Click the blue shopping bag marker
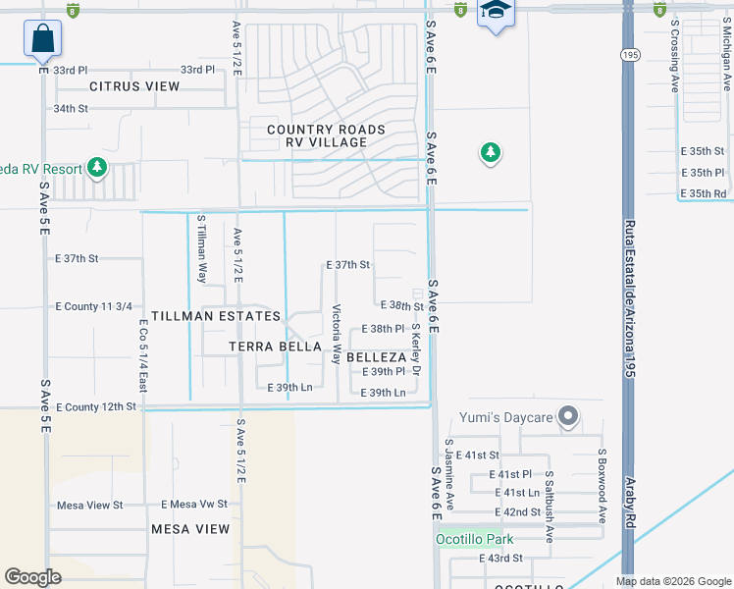point(43,39)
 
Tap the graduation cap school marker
point(496,13)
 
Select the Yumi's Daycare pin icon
point(568,417)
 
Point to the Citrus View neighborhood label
point(134,86)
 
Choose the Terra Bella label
point(275,347)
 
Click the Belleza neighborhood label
point(376,358)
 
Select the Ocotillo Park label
point(475,539)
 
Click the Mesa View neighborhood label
point(190,529)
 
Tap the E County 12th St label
point(95,406)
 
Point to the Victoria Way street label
point(337,335)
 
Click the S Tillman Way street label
point(202,249)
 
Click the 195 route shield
point(628,56)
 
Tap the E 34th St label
point(71,108)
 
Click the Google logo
point(32,577)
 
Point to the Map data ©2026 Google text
point(672,581)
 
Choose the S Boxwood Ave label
point(601,480)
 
